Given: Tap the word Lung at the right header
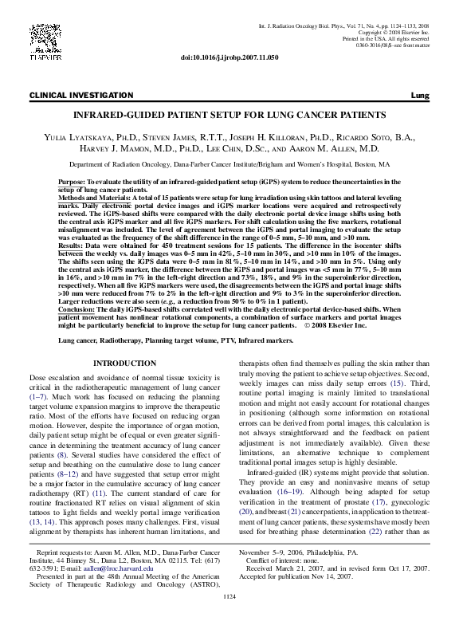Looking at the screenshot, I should (x=419, y=96).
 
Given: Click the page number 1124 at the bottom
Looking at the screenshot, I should (x=229, y=595).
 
